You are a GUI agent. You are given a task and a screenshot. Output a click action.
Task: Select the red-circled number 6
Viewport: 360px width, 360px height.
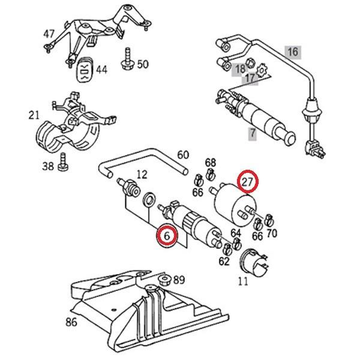(x=167, y=236)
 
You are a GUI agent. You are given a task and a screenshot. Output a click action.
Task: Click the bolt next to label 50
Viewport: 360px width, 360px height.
(x=127, y=59)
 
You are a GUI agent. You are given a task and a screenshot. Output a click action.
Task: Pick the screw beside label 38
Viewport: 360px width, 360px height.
(x=62, y=162)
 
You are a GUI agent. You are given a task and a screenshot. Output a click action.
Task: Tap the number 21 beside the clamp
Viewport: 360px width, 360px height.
(x=34, y=114)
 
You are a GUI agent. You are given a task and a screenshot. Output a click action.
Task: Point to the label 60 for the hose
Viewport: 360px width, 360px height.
(x=182, y=156)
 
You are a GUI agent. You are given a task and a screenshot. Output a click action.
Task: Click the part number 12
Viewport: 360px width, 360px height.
(x=142, y=175)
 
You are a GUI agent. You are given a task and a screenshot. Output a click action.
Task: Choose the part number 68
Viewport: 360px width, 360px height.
(x=210, y=163)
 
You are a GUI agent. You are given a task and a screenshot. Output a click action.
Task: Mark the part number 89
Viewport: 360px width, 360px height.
(x=179, y=280)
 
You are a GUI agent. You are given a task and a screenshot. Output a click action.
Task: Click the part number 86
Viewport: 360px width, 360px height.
(x=71, y=322)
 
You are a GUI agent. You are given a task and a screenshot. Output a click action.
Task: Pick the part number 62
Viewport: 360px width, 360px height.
(x=224, y=261)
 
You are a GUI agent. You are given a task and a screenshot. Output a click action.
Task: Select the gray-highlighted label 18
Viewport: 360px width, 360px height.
(x=240, y=69)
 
